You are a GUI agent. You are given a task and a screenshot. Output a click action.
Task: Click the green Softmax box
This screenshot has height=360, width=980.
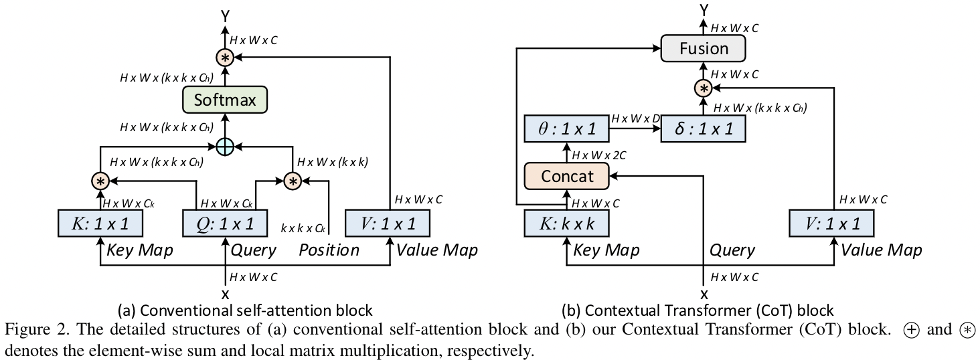point(225,100)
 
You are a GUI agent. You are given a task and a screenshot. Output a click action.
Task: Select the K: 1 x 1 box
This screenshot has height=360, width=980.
point(100,223)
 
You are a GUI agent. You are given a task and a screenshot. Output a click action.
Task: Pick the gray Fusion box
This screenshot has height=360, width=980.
point(704,48)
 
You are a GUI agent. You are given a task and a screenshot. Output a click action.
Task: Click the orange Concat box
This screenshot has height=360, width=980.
point(567,175)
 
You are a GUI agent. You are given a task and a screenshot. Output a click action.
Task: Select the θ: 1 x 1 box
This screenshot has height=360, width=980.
point(567,128)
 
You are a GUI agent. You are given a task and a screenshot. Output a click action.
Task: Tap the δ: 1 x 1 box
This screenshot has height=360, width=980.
point(704,128)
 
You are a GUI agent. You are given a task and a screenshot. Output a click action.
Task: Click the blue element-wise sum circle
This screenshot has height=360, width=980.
point(225,145)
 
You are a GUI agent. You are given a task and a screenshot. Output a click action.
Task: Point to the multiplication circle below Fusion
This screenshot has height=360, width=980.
point(704,88)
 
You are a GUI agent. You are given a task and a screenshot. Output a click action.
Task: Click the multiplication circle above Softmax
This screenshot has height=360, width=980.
point(225,58)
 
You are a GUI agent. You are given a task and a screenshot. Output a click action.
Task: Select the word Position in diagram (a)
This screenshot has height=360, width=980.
point(328,250)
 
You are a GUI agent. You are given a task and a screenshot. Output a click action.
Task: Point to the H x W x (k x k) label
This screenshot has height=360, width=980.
point(332,161)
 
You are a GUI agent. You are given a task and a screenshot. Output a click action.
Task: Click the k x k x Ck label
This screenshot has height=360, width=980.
point(303,228)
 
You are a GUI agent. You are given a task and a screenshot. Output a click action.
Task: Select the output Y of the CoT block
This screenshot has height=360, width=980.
point(704,9)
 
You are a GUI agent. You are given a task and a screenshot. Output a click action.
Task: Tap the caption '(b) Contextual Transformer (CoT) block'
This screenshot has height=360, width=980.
point(698,310)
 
